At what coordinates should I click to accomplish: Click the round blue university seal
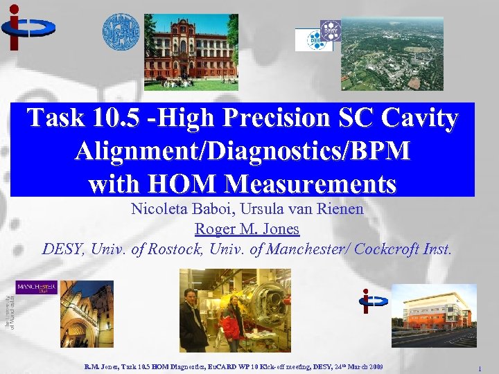(x=121, y=32)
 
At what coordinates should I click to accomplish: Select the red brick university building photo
(x=191, y=53)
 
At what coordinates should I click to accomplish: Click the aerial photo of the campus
(x=392, y=53)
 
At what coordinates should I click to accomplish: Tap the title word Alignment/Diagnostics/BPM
(x=242, y=152)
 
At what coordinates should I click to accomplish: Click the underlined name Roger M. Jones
(x=247, y=229)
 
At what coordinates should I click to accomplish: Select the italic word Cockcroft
(x=387, y=249)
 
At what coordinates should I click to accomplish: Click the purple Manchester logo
(x=36, y=287)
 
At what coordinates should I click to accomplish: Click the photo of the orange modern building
(x=433, y=315)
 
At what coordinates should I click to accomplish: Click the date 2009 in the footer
(x=371, y=365)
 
